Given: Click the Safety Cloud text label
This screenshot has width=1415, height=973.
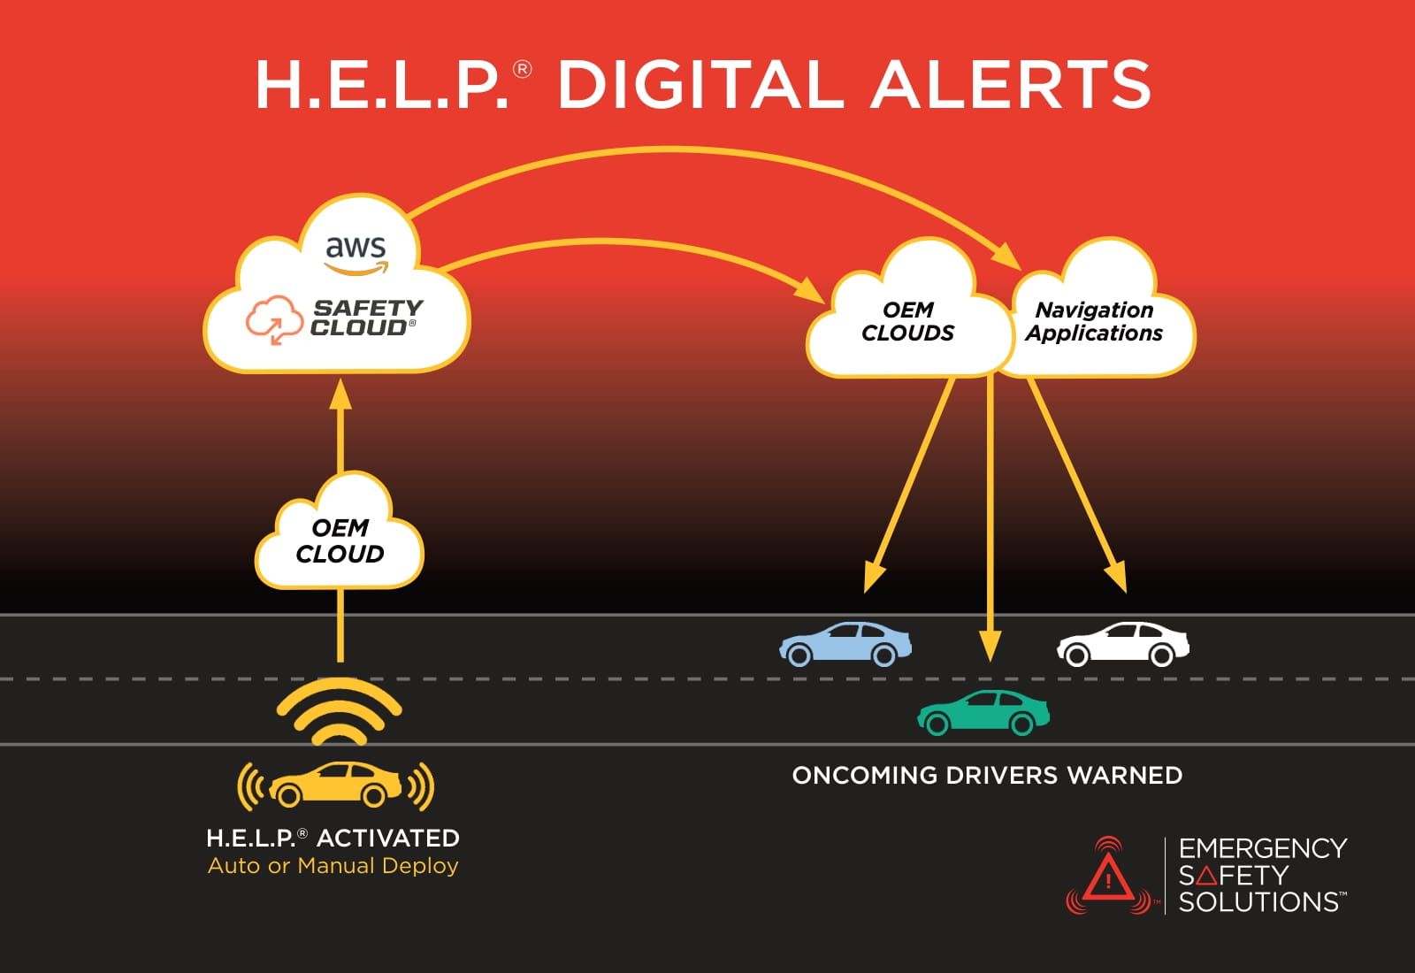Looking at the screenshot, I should click(x=366, y=318).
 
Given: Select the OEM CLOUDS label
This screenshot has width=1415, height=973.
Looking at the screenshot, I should click(x=907, y=322).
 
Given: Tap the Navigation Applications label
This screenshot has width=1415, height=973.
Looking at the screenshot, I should click(x=1094, y=322).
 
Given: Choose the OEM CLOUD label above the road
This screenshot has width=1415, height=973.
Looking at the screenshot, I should click(x=340, y=541).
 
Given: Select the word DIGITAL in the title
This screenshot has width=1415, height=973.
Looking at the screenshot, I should click(x=699, y=85).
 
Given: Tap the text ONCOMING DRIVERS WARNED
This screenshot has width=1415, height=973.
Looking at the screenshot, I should click(x=987, y=776).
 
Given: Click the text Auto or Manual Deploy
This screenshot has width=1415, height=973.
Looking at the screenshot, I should click(x=333, y=866).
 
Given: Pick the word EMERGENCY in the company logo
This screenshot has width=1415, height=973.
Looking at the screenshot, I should click(x=1262, y=848).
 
